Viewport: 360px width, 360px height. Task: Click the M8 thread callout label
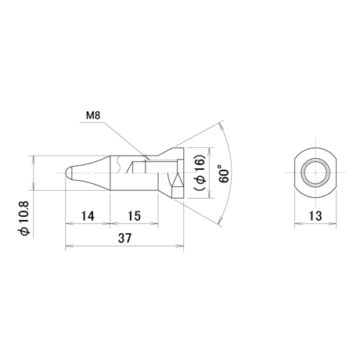(x=93, y=116)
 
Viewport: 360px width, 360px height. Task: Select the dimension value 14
(x=88, y=216)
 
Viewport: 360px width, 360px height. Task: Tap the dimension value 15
(x=134, y=216)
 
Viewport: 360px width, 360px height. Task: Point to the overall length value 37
(x=124, y=238)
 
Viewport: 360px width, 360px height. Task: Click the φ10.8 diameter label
(x=26, y=219)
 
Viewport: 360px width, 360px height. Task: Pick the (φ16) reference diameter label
(x=200, y=173)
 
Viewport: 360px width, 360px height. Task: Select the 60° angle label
(x=224, y=173)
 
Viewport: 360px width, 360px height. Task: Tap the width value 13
(x=315, y=216)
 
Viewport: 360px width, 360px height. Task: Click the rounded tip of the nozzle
(x=68, y=173)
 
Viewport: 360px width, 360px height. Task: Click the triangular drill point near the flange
(x=178, y=180)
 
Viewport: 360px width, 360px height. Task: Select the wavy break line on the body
(x=119, y=164)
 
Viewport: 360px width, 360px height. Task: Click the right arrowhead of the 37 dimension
(x=180, y=246)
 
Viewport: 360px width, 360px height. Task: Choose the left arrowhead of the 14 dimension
(x=69, y=224)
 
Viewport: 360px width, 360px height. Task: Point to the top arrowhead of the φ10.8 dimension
(x=33, y=160)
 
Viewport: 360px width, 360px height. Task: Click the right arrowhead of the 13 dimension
(x=333, y=224)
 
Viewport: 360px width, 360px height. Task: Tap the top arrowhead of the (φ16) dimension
(x=209, y=151)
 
